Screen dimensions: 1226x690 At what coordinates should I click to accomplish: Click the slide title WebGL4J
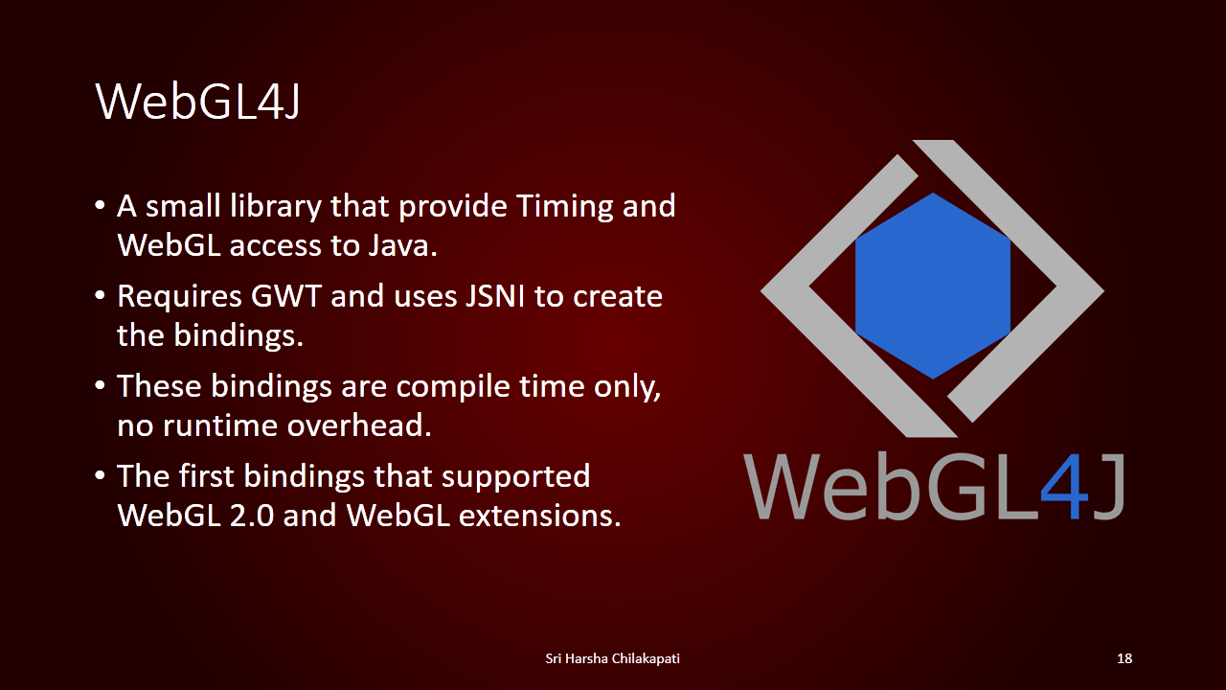[197, 102]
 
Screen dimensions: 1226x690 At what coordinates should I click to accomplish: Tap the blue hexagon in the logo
[933, 286]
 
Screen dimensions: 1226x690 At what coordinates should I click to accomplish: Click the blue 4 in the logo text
[1064, 486]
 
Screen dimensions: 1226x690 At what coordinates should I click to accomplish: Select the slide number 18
[1124, 658]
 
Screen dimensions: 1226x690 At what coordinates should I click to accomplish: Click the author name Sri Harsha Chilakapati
[612, 658]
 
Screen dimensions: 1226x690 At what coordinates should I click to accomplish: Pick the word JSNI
[495, 296]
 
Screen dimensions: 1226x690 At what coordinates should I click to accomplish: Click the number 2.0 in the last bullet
[251, 516]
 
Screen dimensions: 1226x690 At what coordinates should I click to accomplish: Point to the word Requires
[179, 297]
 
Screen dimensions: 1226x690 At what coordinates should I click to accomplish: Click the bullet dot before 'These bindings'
[100, 385]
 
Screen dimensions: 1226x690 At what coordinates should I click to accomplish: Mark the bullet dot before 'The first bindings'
[100, 475]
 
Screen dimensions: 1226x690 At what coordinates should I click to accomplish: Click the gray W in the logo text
[786, 486]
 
